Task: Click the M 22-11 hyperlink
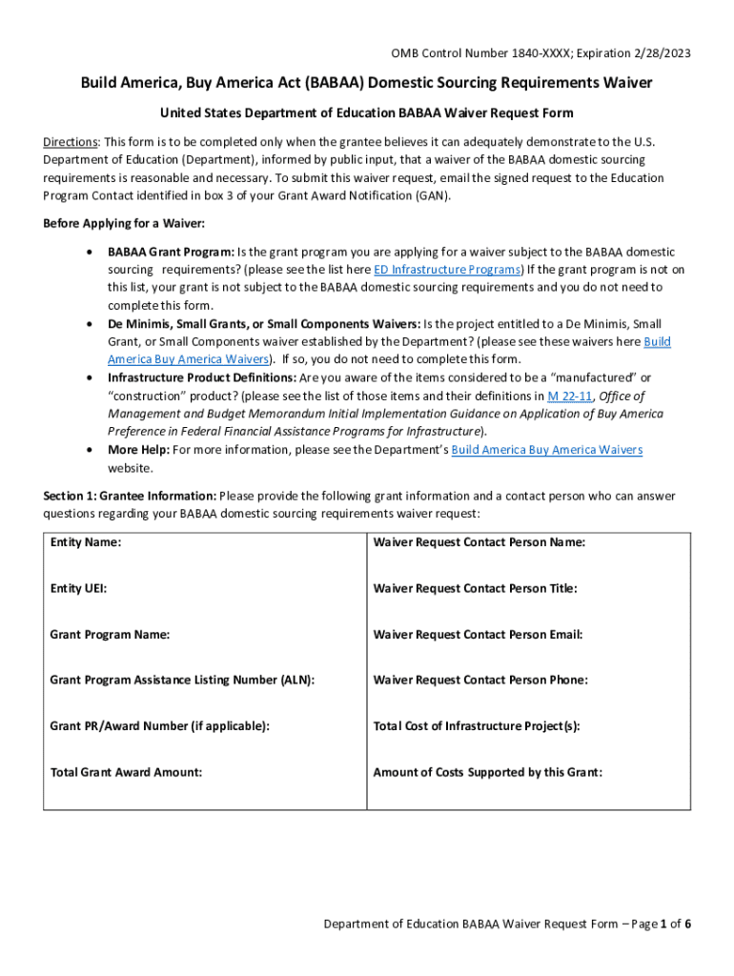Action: tap(565, 396)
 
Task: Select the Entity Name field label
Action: tap(86, 542)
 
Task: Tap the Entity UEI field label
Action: tap(78, 588)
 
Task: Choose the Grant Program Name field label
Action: tap(110, 634)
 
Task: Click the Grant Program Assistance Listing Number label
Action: tap(182, 680)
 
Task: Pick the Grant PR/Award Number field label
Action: tap(159, 725)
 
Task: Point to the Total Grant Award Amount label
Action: tap(126, 772)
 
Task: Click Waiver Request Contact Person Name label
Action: tap(479, 542)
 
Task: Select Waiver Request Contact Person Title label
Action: tap(475, 588)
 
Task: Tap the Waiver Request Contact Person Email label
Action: tap(478, 634)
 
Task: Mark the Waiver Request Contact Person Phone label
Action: tap(479, 680)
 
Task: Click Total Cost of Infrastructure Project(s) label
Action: tap(477, 725)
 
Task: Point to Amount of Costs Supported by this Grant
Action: tap(487, 772)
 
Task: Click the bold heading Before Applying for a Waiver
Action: tap(124, 223)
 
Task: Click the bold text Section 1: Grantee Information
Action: tap(130, 496)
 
